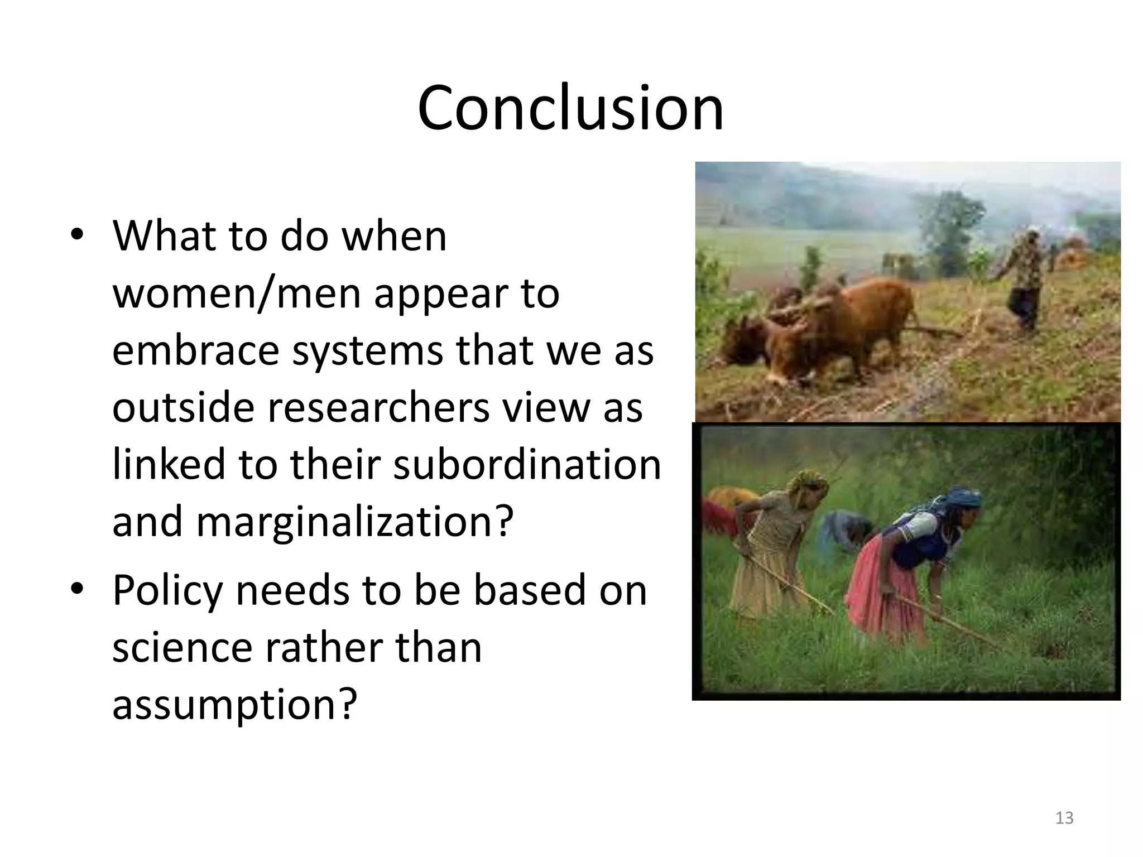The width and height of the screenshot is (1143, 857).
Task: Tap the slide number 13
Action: [x=1064, y=818]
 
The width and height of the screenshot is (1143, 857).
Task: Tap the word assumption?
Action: [x=234, y=704]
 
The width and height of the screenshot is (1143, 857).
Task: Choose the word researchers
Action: [x=378, y=407]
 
